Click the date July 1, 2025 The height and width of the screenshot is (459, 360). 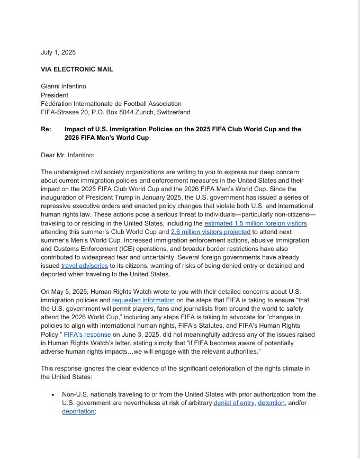click(x=58, y=52)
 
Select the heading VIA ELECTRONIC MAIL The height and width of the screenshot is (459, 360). click(x=77, y=69)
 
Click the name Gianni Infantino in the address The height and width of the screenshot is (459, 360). click(x=64, y=87)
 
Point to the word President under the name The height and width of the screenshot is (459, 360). click(x=55, y=95)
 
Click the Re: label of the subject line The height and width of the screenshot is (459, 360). click(x=46, y=129)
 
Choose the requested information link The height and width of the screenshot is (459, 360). click(x=143, y=300)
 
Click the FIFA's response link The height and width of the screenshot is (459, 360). click(x=87, y=335)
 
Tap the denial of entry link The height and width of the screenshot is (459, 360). click(x=233, y=403)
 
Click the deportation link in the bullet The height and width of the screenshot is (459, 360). click(x=78, y=411)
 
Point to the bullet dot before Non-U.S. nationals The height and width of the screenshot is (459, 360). click(x=53, y=395)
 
